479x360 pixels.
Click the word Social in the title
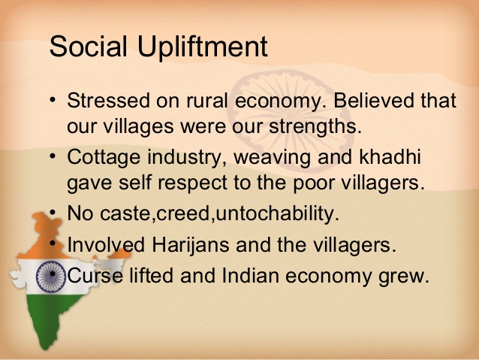pyautogui.click(x=88, y=46)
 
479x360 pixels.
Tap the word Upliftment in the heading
pyautogui.click(x=203, y=47)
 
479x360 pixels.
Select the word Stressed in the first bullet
pyautogui.click(x=108, y=100)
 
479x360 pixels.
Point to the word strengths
pyautogui.click(x=315, y=126)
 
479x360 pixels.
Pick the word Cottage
pyautogui.click(x=104, y=158)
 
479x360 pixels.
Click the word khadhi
pyautogui.click(x=390, y=156)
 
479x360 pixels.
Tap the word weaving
pyautogui.click(x=273, y=158)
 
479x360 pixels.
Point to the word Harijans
pyautogui.click(x=190, y=246)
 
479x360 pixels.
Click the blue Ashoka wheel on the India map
pyautogui.click(x=51, y=277)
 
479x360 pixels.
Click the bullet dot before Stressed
pyautogui.click(x=53, y=100)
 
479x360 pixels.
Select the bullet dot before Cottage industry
pyautogui.click(x=53, y=156)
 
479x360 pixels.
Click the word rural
pyautogui.click(x=207, y=100)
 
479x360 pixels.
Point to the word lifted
pyautogui.click(x=152, y=275)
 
